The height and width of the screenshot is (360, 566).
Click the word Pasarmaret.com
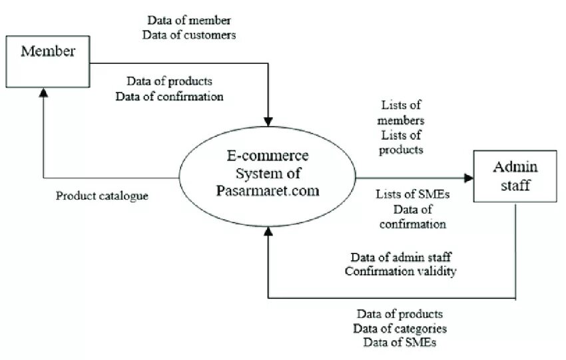[x=267, y=190]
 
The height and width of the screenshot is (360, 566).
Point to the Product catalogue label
[x=102, y=196]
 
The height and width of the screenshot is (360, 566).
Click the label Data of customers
[x=189, y=34]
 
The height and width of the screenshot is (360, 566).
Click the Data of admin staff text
[x=402, y=257]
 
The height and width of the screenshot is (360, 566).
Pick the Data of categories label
[x=400, y=328]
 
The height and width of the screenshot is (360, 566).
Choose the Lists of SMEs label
[x=412, y=194]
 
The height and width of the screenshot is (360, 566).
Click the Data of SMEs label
[x=400, y=342]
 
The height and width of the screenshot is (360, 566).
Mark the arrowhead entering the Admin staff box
[x=469, y=178]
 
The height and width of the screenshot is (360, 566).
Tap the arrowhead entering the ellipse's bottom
[x=268, y=230]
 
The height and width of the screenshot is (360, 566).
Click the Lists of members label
[x=402, y=113]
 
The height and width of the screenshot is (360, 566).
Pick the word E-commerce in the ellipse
[x=267, y=157]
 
